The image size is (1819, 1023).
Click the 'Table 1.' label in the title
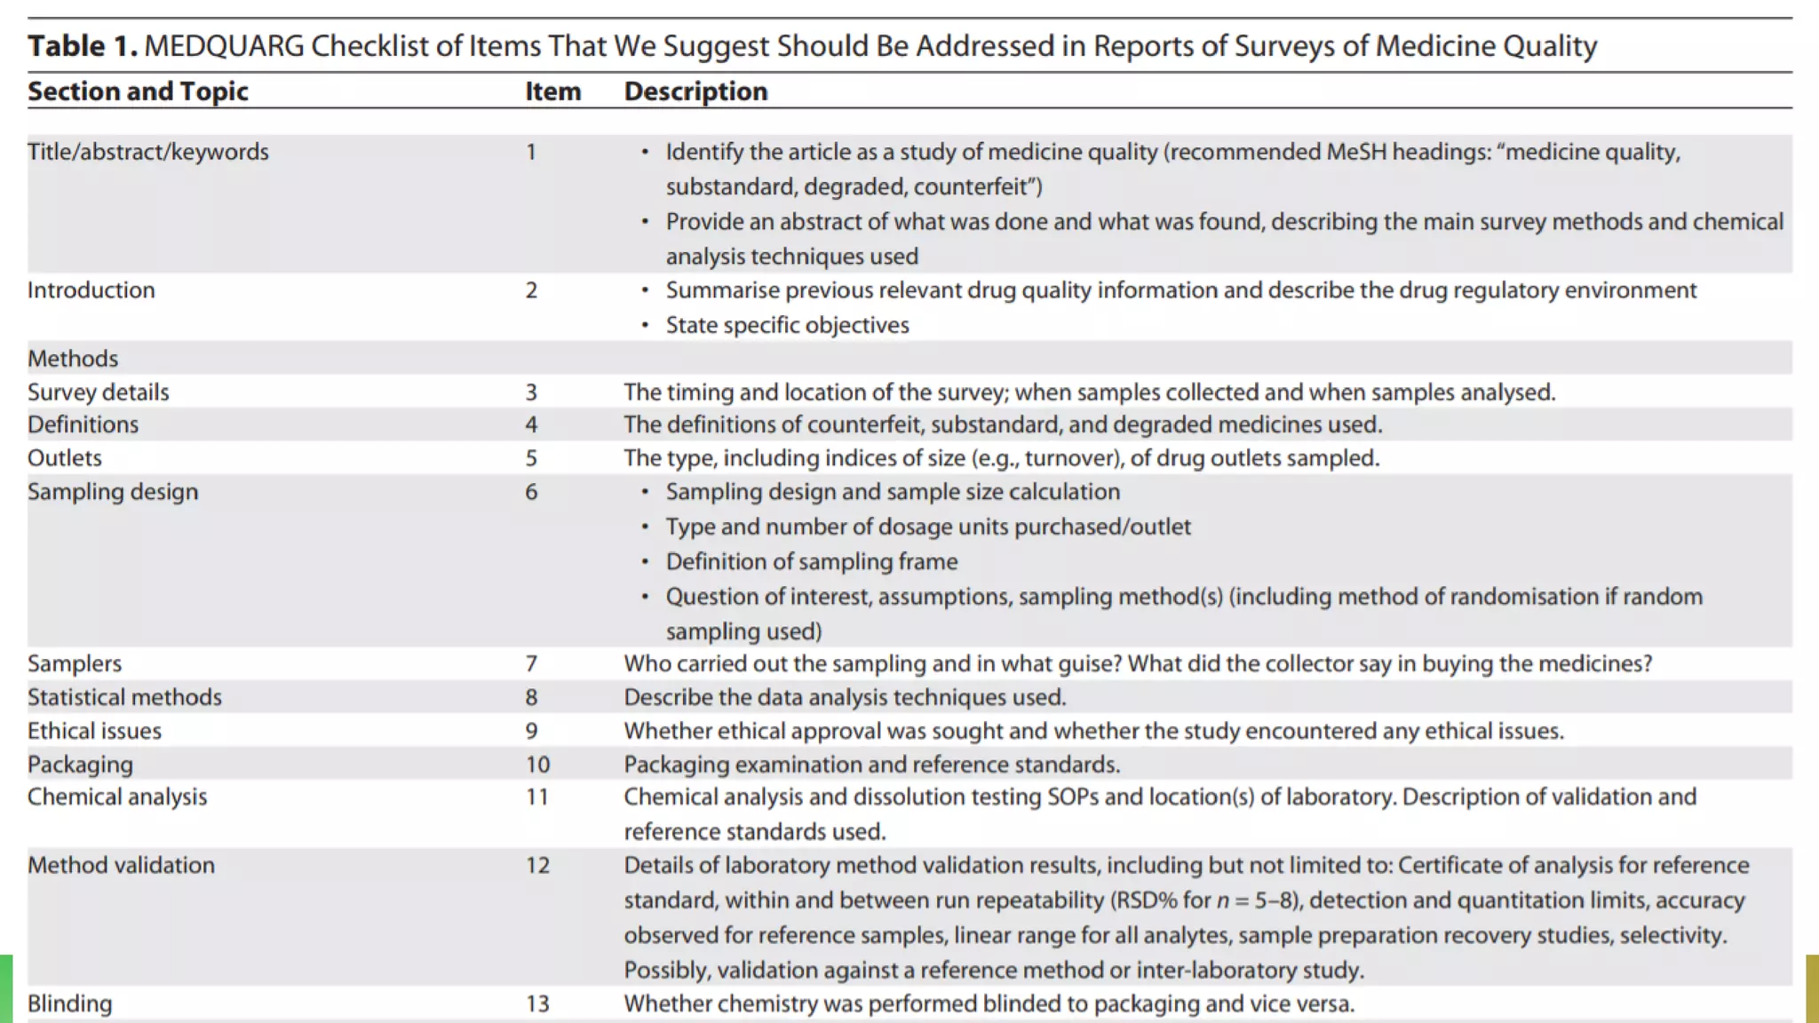82,46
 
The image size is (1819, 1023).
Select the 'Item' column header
552,91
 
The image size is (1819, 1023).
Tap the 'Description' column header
695,91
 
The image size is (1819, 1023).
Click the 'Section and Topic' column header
138,91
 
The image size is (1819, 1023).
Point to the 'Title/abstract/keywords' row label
147,152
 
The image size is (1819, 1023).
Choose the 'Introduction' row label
91,290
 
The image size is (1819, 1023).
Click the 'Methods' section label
73,359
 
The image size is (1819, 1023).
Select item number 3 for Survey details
531,393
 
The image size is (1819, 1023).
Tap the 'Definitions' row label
83,424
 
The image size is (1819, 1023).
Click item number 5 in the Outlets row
531,458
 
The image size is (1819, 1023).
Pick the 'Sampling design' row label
113,492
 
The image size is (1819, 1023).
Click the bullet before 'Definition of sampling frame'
645,562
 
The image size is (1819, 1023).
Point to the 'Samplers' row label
75,663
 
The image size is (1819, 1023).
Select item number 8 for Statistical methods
531,697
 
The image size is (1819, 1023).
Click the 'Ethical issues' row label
94,731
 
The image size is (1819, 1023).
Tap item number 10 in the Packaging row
537,765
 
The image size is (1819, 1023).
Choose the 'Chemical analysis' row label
117,797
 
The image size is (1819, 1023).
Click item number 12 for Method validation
537,865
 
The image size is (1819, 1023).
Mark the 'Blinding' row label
70,1003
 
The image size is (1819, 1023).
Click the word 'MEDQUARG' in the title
224,46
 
